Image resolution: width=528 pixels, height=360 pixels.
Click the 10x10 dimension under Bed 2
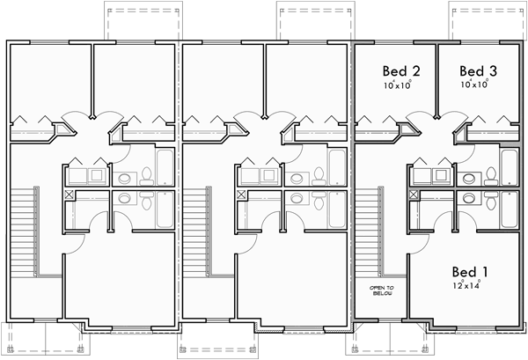[x=399, y=85]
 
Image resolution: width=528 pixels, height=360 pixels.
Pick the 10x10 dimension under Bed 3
[x=474, y=85]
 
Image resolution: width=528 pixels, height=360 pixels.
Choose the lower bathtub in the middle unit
[x=337, y=209]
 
